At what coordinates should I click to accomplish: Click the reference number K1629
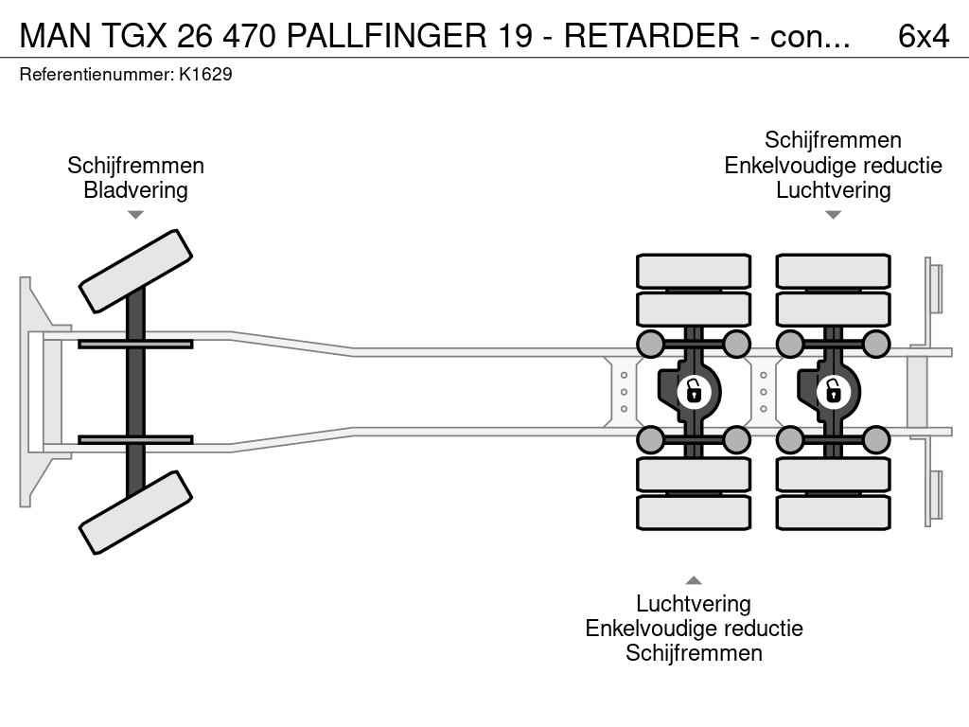pyautogui.click(x=205, y=75)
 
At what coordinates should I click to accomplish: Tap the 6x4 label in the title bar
pyautogui.click(x=923, y=36)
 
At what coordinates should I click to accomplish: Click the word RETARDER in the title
pyautogui.click(x=652, y=36)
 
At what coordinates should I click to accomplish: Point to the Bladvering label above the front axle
pyautogui.click(x=135, y=190)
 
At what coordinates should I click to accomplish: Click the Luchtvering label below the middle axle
pyautogui.click(x=694, y=604)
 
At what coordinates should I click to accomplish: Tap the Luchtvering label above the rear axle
pyautogui.click(x=833, y=190)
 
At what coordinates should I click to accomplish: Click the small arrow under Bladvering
pyautogui.click(x=135, y=215)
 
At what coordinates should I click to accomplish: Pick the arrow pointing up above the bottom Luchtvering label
pyautogui.click(x=694, y=580)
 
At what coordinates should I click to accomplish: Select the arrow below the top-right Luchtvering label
pyautogui.click(x=833, y=215)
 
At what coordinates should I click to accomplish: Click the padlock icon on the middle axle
pyautogui.click(x=694, y=390)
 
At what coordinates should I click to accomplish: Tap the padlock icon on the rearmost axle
pyautogui.click(x=833, y=390)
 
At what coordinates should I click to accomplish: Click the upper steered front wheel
pyautogui.click(x=135, y=271)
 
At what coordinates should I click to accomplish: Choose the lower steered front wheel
pyautogui.click(x=135, y=512)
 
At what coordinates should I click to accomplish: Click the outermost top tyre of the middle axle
pyautogui.click(x=694, y=271)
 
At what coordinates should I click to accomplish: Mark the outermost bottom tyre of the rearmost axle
pyautogui.click(x=833, y=512)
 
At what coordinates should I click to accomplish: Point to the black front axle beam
pyautogui.click(x=135, y=390)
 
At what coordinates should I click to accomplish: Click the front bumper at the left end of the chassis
pyautogui.click(x=34, y=391)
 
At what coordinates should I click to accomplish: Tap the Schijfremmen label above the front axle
pyautogui.click(x=135, y=166)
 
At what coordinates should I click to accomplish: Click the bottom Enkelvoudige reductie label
pyautogui.click(x=694, y=629)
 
